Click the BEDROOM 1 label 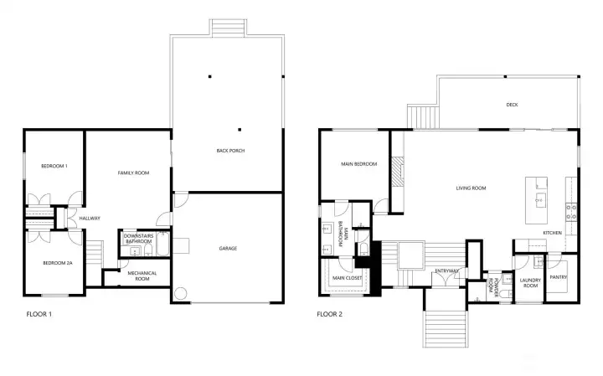[54, 166]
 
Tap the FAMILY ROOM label [133, 173]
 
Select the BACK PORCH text [230, 151]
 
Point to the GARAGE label [228, 249]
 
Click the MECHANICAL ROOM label [142, 276]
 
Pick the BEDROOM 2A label [58, 263]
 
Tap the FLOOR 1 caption [39, 314]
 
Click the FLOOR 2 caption [330, 314]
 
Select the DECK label [512, 105]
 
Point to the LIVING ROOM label [471, 188]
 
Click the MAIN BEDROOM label [359, 164]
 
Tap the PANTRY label [559, 277]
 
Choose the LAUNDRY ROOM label [530, 283]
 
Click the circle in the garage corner [180, 294]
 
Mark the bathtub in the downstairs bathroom [163, 244]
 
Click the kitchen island [537, 200]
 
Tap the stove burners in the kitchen [571, 213]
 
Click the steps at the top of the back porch [229, 28]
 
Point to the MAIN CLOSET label [348, 278]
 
